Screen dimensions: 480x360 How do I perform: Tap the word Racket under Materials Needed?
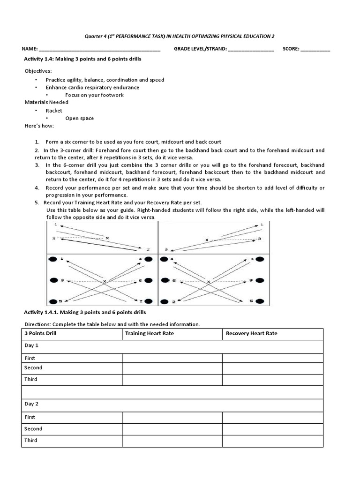pos(54,111)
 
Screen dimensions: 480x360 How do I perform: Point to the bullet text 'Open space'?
pos(79,118)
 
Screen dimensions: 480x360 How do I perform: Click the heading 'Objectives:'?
pos(38,71)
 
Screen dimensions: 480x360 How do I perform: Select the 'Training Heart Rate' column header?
pos(148,334)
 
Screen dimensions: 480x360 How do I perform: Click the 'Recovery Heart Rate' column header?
pos(251,334)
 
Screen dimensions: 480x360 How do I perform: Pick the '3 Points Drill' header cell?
pos(40,334)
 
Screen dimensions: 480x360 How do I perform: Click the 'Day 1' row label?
pos(31,345)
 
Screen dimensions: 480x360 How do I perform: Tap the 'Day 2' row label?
pos(31,404)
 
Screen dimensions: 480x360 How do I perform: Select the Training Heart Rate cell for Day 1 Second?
pos(172,368)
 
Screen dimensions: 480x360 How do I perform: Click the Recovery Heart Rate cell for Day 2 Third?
pos(272,441)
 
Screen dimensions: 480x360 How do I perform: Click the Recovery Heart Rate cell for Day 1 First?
pos(272,358)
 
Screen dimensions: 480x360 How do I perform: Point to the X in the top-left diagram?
pos(107,238)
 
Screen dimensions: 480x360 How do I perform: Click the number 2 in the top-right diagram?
pos(166,250)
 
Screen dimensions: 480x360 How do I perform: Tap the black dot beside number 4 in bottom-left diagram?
pos(148,259)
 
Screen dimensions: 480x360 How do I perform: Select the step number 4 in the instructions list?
pos(37,188)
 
